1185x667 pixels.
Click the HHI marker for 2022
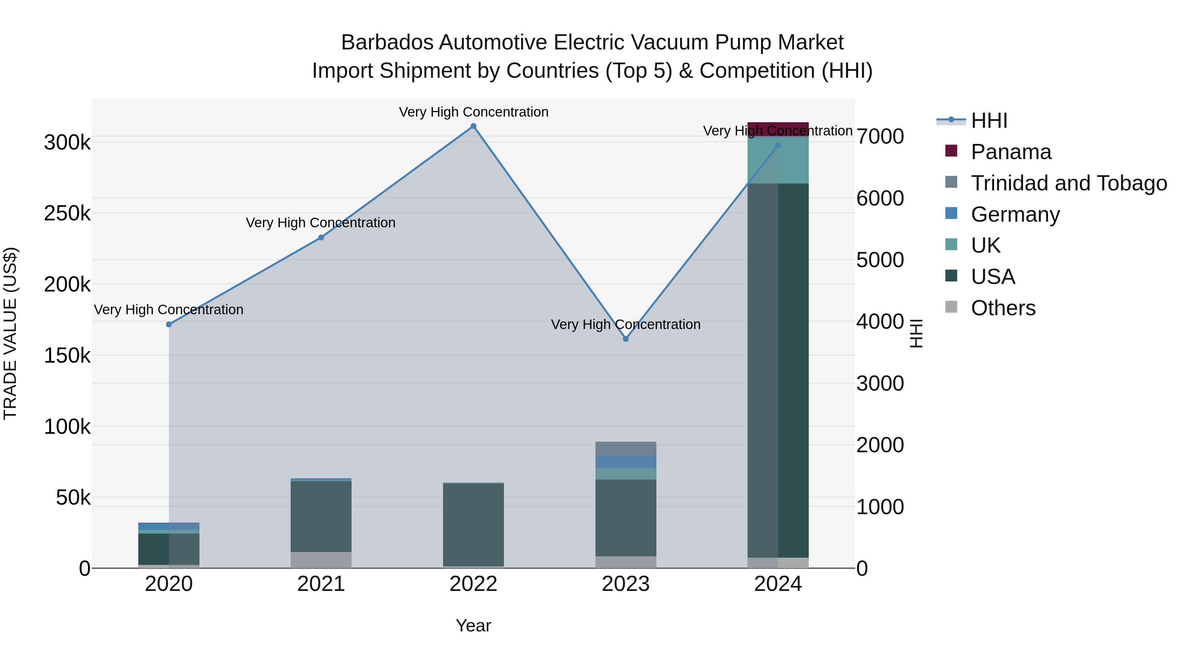click(x=473, y=126)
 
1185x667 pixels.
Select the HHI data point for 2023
click(x=626, y=339)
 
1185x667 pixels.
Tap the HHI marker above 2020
click(x=169, y=324)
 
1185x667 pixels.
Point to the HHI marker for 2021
click(x=321, y=237)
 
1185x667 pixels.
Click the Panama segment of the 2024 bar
click(x=778, y=129)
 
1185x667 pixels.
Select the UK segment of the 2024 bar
click(x=778, y=160)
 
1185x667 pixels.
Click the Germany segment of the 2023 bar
click(x=626, y=462)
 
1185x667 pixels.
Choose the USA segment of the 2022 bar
click(x=473, y=525)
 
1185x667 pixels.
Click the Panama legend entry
click(x=1011, y=152)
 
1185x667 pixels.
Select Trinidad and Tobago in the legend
click(x=1068, y=183)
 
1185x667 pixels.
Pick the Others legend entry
click(x=1003, y=308)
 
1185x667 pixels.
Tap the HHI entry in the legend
click(x=989, y=121)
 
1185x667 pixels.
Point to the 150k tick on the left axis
click(x=67, y=356)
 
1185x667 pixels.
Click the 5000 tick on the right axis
click(x=880, y=260)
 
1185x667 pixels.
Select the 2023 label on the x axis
click(x=626, y=584)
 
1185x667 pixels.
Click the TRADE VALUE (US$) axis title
click(x=10, y=333)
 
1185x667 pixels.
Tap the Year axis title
click(x=473, y=625)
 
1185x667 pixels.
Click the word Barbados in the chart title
click(x=387, y=43)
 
